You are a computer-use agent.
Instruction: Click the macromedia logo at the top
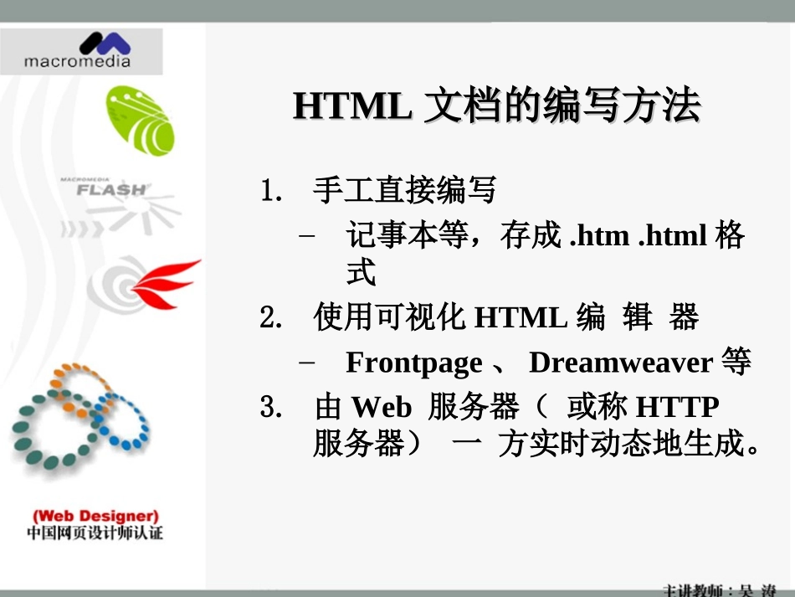coord(79,50)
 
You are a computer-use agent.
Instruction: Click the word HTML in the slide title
coord(351,107)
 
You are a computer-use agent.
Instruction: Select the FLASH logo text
coord(110,189)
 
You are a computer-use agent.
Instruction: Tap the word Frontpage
coord(413,363)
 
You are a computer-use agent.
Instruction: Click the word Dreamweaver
coord(620,363)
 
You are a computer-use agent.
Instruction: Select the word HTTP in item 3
coord(677,408)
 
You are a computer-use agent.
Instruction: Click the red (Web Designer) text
coord(95,516)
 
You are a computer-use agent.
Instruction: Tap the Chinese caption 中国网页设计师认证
coord(95,533)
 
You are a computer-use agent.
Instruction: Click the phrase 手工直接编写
coord(405,192)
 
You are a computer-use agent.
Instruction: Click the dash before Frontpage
coord(307,363)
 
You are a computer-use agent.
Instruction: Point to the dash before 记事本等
coord(307,236)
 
